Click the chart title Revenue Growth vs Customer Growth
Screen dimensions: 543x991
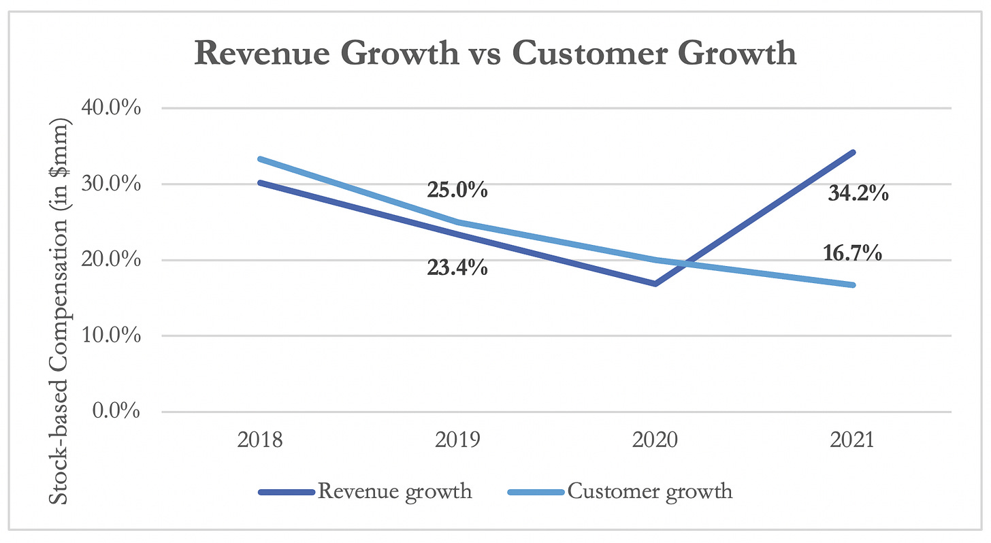click(495, 53)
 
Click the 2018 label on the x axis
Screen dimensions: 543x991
click(261, 441)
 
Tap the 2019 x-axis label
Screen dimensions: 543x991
click(457, 441)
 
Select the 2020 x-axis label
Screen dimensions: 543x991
click(655, 441)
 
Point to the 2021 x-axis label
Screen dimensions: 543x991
click(851, 441)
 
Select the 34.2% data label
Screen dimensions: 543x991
click(858, 194)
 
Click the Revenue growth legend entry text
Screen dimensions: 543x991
click(394, 491)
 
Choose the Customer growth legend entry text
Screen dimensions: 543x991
click(650, 491)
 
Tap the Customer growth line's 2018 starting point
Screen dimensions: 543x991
click(261, 159)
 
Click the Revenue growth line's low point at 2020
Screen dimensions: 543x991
click(655, 284)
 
